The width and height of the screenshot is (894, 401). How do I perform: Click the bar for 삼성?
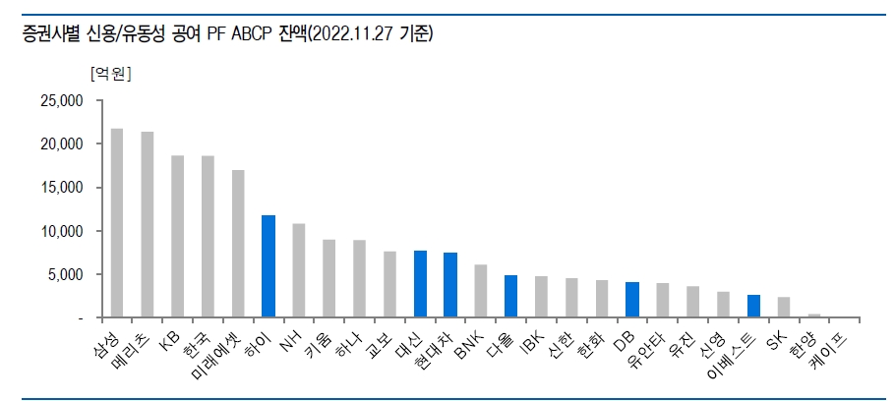(117, 223)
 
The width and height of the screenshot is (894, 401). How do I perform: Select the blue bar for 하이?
(268, 266)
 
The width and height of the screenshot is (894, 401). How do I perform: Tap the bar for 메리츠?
(148, 224)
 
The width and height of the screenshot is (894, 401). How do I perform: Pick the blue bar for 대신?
(420, 284)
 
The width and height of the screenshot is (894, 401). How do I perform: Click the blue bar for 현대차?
(450, 285)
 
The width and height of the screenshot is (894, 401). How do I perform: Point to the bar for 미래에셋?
(238, 244)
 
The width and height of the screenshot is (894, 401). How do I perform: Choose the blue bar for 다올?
(510, 296)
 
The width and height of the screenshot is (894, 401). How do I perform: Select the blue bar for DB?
(632, 300)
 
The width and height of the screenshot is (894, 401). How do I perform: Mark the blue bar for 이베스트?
(753, 306)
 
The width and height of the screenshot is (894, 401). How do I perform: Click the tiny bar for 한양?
(814, 315)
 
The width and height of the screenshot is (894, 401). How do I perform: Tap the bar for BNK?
(481, 291)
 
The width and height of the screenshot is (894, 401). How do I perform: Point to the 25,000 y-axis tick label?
(62, 101)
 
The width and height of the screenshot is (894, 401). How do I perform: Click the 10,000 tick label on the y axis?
(62, 231)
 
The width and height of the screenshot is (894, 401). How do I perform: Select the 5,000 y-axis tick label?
(65, 274)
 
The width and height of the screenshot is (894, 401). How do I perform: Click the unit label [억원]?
(110, 74)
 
